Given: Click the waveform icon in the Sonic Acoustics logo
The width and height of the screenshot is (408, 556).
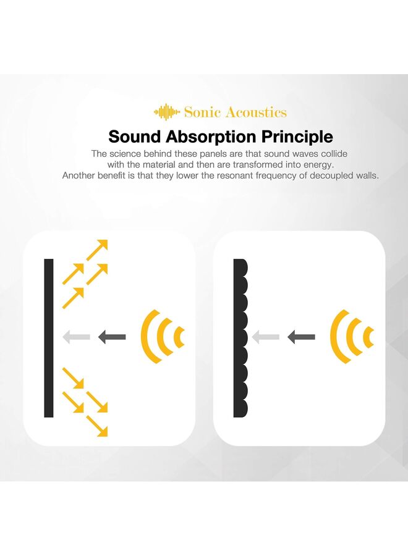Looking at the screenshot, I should pyautogui.click(x=167, y=112).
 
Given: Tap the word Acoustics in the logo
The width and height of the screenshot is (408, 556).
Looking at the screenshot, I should pyautogui.click(x=256, y=112).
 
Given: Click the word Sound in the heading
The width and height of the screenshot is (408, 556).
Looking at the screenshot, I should pyautogui.click(x=134, y=137).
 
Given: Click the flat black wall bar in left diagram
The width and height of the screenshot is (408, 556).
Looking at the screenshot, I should pyautogui.click(x=49, y=338).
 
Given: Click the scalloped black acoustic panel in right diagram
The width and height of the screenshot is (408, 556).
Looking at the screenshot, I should pyautogui.click(x=240, y=338).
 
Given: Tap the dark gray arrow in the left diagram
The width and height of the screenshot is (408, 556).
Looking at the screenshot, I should pyautogui.click(x=112, y=337).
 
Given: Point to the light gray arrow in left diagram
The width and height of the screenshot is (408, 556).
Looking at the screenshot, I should pyautogui.click(x=77, y=337).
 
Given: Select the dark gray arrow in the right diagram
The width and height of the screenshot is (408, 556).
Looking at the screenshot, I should pyautogui.click(x=301, y=337).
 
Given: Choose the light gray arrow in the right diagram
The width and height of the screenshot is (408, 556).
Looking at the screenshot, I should pyautogui.click(x=266, y=337).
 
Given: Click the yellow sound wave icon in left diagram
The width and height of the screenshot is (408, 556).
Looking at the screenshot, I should pyautogui.click(x=163, y=337).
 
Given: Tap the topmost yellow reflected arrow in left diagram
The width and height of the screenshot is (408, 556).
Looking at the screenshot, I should pyautogui.click(x=96, y=250).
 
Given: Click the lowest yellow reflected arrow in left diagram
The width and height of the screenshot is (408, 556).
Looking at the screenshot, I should pyautogui.click(x=96, y=426).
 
